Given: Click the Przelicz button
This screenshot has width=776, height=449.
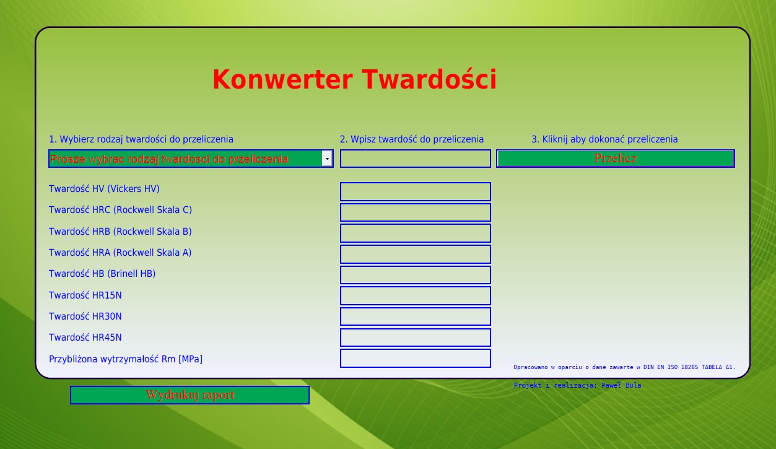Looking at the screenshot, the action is (615, 159).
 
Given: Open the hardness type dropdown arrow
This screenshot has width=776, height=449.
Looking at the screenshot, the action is (327, 159).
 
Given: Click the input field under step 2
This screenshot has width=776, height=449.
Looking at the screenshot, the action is (416, 159).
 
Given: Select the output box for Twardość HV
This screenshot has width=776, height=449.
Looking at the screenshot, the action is (416, 191).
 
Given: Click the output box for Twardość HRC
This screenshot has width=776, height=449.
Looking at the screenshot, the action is (416, 212).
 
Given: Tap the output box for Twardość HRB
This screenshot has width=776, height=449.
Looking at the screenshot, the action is (416, 233).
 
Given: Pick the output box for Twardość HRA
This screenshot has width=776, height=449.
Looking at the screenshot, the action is (416, 255).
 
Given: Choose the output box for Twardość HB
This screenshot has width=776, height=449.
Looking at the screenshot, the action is (416, 275).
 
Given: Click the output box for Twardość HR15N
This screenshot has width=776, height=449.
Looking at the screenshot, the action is (416, 296).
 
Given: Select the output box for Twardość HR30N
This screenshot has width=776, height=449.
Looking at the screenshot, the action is (416, 316).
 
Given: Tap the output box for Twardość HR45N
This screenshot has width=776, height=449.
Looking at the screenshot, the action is (416, 338).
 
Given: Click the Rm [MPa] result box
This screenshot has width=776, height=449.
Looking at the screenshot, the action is (416, 358).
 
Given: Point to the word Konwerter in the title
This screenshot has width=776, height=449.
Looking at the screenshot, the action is (282, 79).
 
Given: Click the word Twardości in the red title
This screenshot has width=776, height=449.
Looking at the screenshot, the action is (430, 79).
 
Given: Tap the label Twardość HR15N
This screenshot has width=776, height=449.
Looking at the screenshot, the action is (85, 295).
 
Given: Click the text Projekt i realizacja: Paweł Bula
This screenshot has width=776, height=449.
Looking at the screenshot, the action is (577, 385).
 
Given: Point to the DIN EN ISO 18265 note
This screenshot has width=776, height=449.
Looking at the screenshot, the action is (624, 367).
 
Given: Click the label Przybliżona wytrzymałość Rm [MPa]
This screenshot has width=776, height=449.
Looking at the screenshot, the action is (126, 359).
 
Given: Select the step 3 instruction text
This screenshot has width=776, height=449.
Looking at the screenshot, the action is (604, 139).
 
